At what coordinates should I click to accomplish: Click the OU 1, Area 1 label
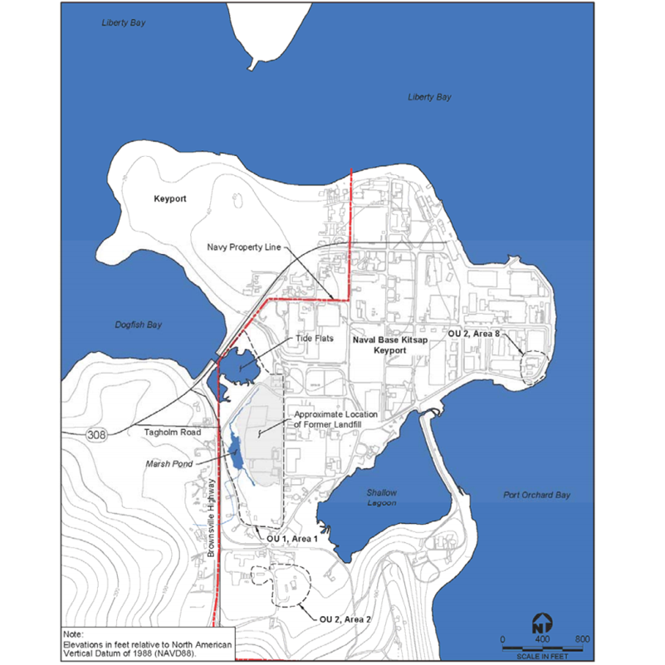[292, 539]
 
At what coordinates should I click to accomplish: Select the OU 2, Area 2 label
[346, 619]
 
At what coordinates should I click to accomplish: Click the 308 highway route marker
[96, 433]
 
